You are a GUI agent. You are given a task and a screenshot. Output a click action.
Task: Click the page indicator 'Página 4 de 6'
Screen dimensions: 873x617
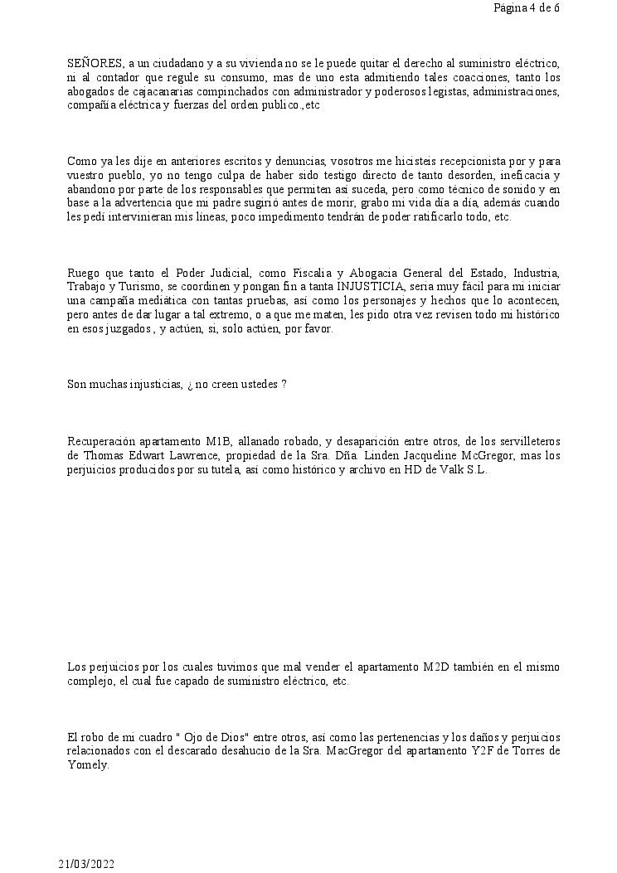pos(526,8)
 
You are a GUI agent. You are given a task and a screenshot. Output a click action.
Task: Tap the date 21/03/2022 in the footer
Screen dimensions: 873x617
pos(86,864)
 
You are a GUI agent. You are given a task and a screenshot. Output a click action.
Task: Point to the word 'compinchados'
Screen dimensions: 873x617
pos(211,92)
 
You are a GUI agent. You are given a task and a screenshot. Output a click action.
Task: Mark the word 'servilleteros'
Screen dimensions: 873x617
pos(528,442)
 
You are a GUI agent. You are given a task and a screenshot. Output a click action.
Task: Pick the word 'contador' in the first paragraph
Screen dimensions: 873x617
pos(110,78)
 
